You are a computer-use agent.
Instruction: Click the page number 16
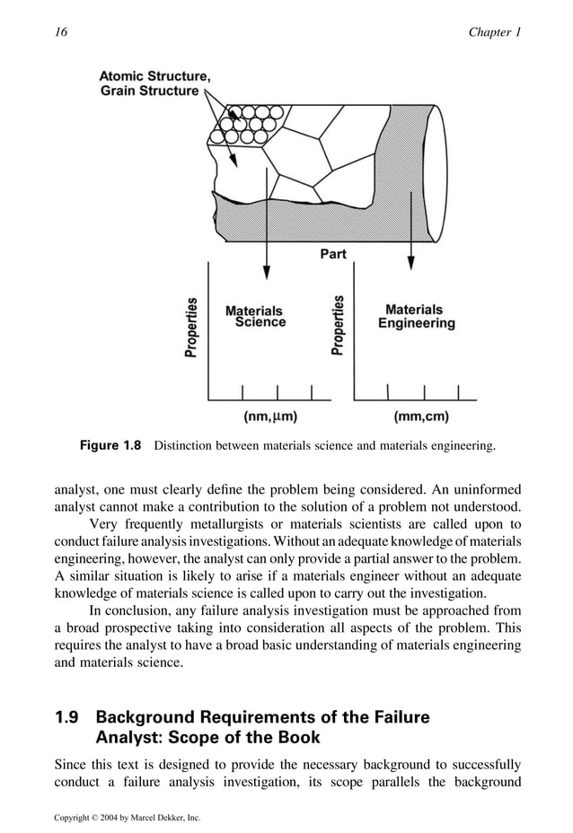[x=61, y=32]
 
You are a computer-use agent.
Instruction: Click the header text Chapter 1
[x=494, y=32]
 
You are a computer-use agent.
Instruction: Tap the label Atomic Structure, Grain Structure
[x=154, y=83]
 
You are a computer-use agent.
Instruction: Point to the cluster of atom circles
[x=245, y=127]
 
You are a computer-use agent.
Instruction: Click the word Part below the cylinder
[x=333, y=254]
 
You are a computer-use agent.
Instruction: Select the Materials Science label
[x=254, y=316]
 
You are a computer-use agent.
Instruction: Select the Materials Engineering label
[x=415, y=316]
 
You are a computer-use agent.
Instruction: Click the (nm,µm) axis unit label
[x=270, y=416]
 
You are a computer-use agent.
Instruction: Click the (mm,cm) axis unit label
[x=421, y=416]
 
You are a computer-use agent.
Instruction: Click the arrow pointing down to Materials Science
[x=267, y=260]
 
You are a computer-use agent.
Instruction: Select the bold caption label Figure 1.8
[x=111, y=446]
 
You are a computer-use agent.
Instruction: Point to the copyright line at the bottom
[x=127, y=818]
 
